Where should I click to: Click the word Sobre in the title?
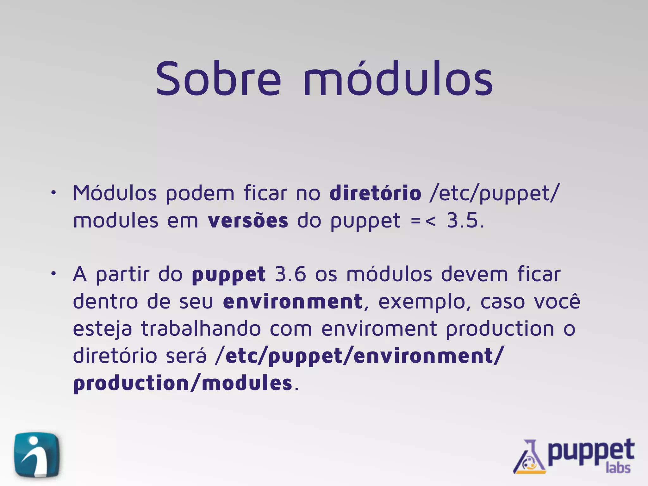[218, 79]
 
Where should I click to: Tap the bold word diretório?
[375, 193]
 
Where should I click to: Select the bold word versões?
[248, 221]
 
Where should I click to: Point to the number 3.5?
[465, 221]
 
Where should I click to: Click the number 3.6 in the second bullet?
[290, 274]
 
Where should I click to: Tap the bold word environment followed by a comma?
[292, 302]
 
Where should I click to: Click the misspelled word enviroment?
[379, 329]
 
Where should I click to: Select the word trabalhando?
[201, 329]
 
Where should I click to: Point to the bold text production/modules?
[183, 383]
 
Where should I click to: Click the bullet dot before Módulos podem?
[54, 193]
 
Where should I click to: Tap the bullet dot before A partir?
[54, 274]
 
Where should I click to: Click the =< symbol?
[423, 221]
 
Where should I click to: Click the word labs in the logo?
[618, 468]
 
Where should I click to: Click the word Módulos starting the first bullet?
[115, 193]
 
